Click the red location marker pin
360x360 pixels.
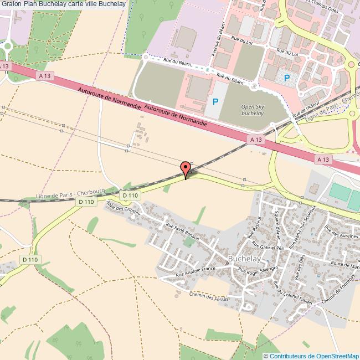(186, 168)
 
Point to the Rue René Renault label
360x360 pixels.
(182, 230)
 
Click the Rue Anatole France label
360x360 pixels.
(196, 272)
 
